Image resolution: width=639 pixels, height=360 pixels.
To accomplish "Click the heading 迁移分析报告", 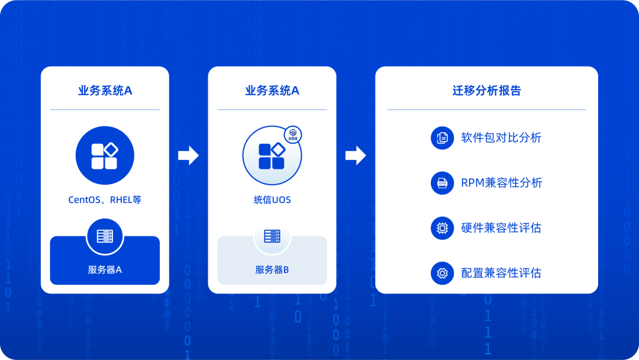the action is [486, 91].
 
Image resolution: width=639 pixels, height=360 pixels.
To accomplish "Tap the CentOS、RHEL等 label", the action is [105, 200].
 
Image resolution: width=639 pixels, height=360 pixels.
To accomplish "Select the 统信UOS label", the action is [272, 200].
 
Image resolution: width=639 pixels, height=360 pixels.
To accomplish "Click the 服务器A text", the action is [105, 269].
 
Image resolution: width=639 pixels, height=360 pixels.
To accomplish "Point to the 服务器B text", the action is [272, 269].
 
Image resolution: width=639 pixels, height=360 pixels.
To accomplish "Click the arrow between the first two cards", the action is [188, 155].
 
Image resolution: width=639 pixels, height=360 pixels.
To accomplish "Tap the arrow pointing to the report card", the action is [356, 155].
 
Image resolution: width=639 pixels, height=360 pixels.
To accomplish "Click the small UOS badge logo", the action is [293, 134].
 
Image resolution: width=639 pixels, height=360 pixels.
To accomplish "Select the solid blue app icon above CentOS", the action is [105, 155].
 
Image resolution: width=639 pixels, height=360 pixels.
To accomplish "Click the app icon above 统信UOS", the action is [272, 156].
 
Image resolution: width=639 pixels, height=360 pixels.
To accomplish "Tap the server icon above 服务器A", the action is [105, 236].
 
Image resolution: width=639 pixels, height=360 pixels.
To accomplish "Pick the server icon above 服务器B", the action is [272, 236].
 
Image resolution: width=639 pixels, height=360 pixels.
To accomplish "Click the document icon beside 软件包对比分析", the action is [442, 138].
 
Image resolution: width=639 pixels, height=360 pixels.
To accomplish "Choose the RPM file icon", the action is [442, 182].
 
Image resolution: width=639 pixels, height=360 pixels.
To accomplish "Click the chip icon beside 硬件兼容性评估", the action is [442, 228].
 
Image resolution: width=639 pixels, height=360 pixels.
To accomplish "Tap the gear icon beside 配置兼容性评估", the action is [442, 273].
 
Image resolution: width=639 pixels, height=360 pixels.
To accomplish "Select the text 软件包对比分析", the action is [501, 138].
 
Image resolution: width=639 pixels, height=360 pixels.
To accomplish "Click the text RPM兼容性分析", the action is [502, 182].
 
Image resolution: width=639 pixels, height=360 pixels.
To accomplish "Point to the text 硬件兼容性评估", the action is [501, 228].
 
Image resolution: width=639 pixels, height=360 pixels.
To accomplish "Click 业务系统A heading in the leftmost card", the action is [105, 91].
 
